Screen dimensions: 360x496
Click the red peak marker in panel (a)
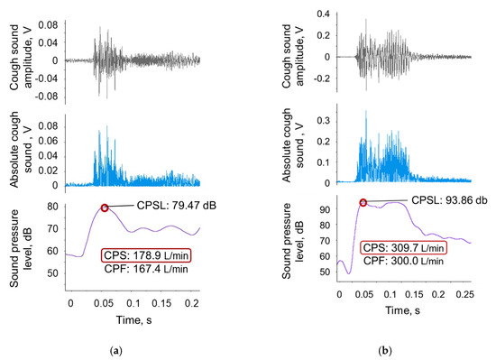point(105,208)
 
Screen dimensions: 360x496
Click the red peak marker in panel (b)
point(363,202)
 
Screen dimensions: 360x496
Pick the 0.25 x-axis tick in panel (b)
point(464,294)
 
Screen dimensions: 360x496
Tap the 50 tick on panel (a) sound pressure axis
point(56,272)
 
